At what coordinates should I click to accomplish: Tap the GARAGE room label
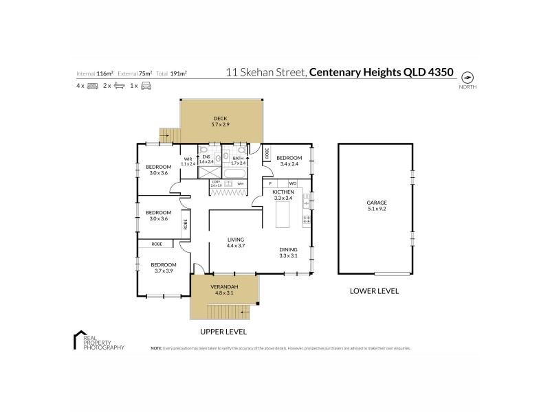point(377,203)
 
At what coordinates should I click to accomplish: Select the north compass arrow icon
point(467,77)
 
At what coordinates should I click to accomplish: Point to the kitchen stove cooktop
point(307,220)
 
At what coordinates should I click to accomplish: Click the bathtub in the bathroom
point(238,172)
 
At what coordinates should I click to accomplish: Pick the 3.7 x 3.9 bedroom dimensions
point(164,271)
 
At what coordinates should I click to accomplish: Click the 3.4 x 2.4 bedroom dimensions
point(289,164)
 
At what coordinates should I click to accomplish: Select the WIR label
point(188,159)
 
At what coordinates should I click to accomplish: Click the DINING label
point(288,249)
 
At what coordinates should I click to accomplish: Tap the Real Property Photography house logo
point(78,341)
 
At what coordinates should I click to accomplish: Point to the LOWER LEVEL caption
point(374,291)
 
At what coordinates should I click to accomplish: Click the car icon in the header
point(146,86)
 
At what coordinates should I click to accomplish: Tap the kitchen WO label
point(291,183)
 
